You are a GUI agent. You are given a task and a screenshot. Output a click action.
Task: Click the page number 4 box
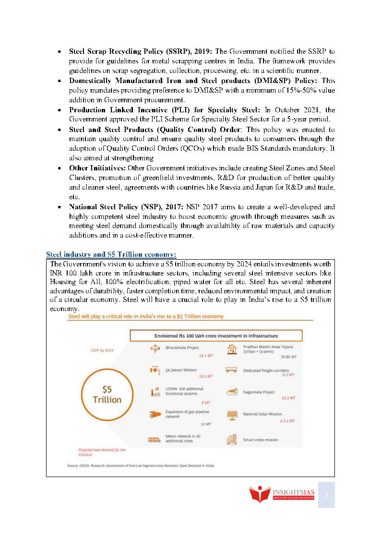click(x=326, y=495)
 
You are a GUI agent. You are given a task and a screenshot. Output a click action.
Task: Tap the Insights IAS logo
click(x=282, y=494)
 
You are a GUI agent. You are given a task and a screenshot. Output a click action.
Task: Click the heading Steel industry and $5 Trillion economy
click(x=111, y=254)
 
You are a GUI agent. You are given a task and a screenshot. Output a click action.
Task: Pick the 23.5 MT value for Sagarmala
click(x=288, y=398)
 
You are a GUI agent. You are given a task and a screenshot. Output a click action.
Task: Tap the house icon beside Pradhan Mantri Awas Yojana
click(x=232, y=349)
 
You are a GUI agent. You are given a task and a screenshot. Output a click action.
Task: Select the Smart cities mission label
click(x=261, y=440)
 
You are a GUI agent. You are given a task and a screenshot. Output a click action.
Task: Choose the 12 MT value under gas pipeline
click(x=206, y=424)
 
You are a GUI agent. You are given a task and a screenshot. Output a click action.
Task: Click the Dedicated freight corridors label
click(x=265, y=371)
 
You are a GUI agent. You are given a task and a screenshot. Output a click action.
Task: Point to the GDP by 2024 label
click(x=103, y=350)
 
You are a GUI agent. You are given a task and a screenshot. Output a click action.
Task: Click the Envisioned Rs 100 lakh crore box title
click(x=216, y=335)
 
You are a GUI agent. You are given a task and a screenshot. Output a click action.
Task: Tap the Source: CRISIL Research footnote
click(x=140, y=466)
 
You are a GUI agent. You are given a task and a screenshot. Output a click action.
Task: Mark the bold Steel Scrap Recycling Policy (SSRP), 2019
click(x=141, y=51)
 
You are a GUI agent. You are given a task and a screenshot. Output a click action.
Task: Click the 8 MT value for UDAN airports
click(x=206, y=403)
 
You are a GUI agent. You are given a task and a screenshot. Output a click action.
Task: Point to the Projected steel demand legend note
click(x=102, y=452)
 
